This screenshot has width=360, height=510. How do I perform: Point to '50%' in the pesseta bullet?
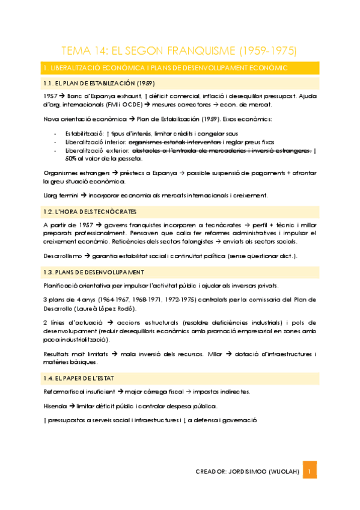73,159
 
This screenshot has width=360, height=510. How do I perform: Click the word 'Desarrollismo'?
63,256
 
